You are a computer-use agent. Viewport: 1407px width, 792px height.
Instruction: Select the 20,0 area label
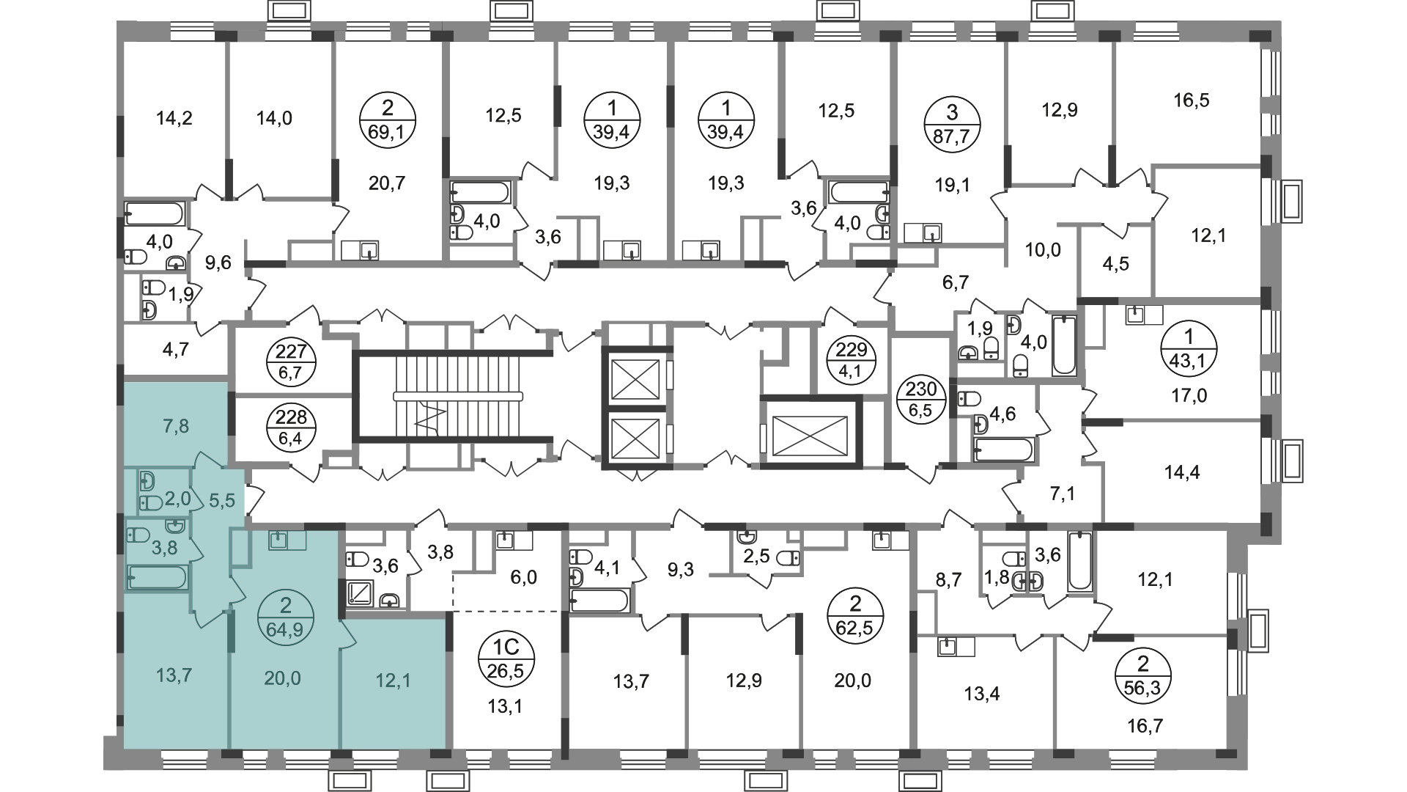coord(282,678)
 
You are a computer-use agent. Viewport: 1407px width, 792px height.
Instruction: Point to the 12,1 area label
coord(393,681)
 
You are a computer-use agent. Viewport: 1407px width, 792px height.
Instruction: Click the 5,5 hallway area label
coord(222,500)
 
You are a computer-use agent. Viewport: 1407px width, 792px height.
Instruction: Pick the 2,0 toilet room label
coord(177,499)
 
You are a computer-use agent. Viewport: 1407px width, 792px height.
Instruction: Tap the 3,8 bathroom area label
coord(164,549)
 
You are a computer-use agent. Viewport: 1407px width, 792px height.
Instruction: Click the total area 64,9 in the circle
coord(286,628)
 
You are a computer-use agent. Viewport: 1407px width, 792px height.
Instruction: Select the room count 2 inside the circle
coord(286,606)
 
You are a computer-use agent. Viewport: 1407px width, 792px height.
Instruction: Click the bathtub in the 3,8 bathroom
coord(158,578)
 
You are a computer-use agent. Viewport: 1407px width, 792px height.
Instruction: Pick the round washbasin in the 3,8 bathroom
coord(174,527)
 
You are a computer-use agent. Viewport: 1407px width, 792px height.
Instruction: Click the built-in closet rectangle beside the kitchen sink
coord(240,549)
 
